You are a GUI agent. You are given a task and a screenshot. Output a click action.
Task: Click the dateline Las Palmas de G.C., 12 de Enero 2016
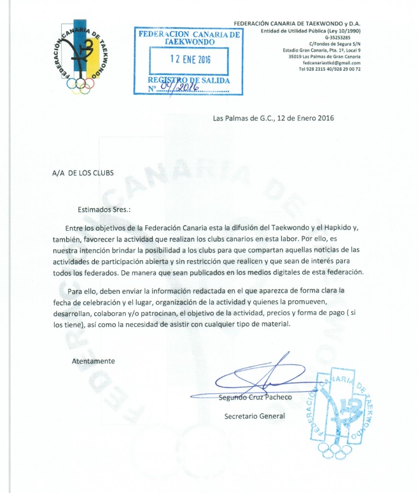273,117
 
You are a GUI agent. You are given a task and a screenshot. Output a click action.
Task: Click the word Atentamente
94,361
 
